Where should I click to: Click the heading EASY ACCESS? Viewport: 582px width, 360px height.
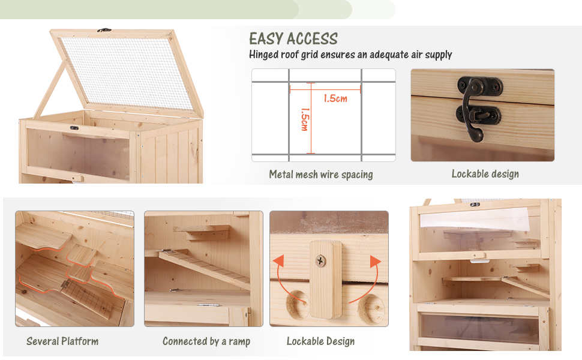pyautogui.click(x=293, y=39)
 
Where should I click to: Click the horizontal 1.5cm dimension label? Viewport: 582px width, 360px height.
pyautogui.click(x=335, y=98)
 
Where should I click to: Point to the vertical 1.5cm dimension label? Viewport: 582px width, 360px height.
pyautogui.click(x=304, y=119)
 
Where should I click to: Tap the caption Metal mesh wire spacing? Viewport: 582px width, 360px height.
pyautogui.click(x=320, y=175)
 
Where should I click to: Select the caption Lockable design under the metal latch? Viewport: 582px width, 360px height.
pyautogui.click(x=485, y=174)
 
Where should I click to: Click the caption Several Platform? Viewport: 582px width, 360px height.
pyautogui.click(x=62, y=341)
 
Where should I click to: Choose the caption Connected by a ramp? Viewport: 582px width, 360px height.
pyautogui.click(x=206, y=341)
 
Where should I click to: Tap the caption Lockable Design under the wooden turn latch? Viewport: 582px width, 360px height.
pyautogui.click(x=320, y=341)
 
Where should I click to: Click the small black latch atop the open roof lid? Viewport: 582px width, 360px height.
pyautogui.click(x=105, y=29)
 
